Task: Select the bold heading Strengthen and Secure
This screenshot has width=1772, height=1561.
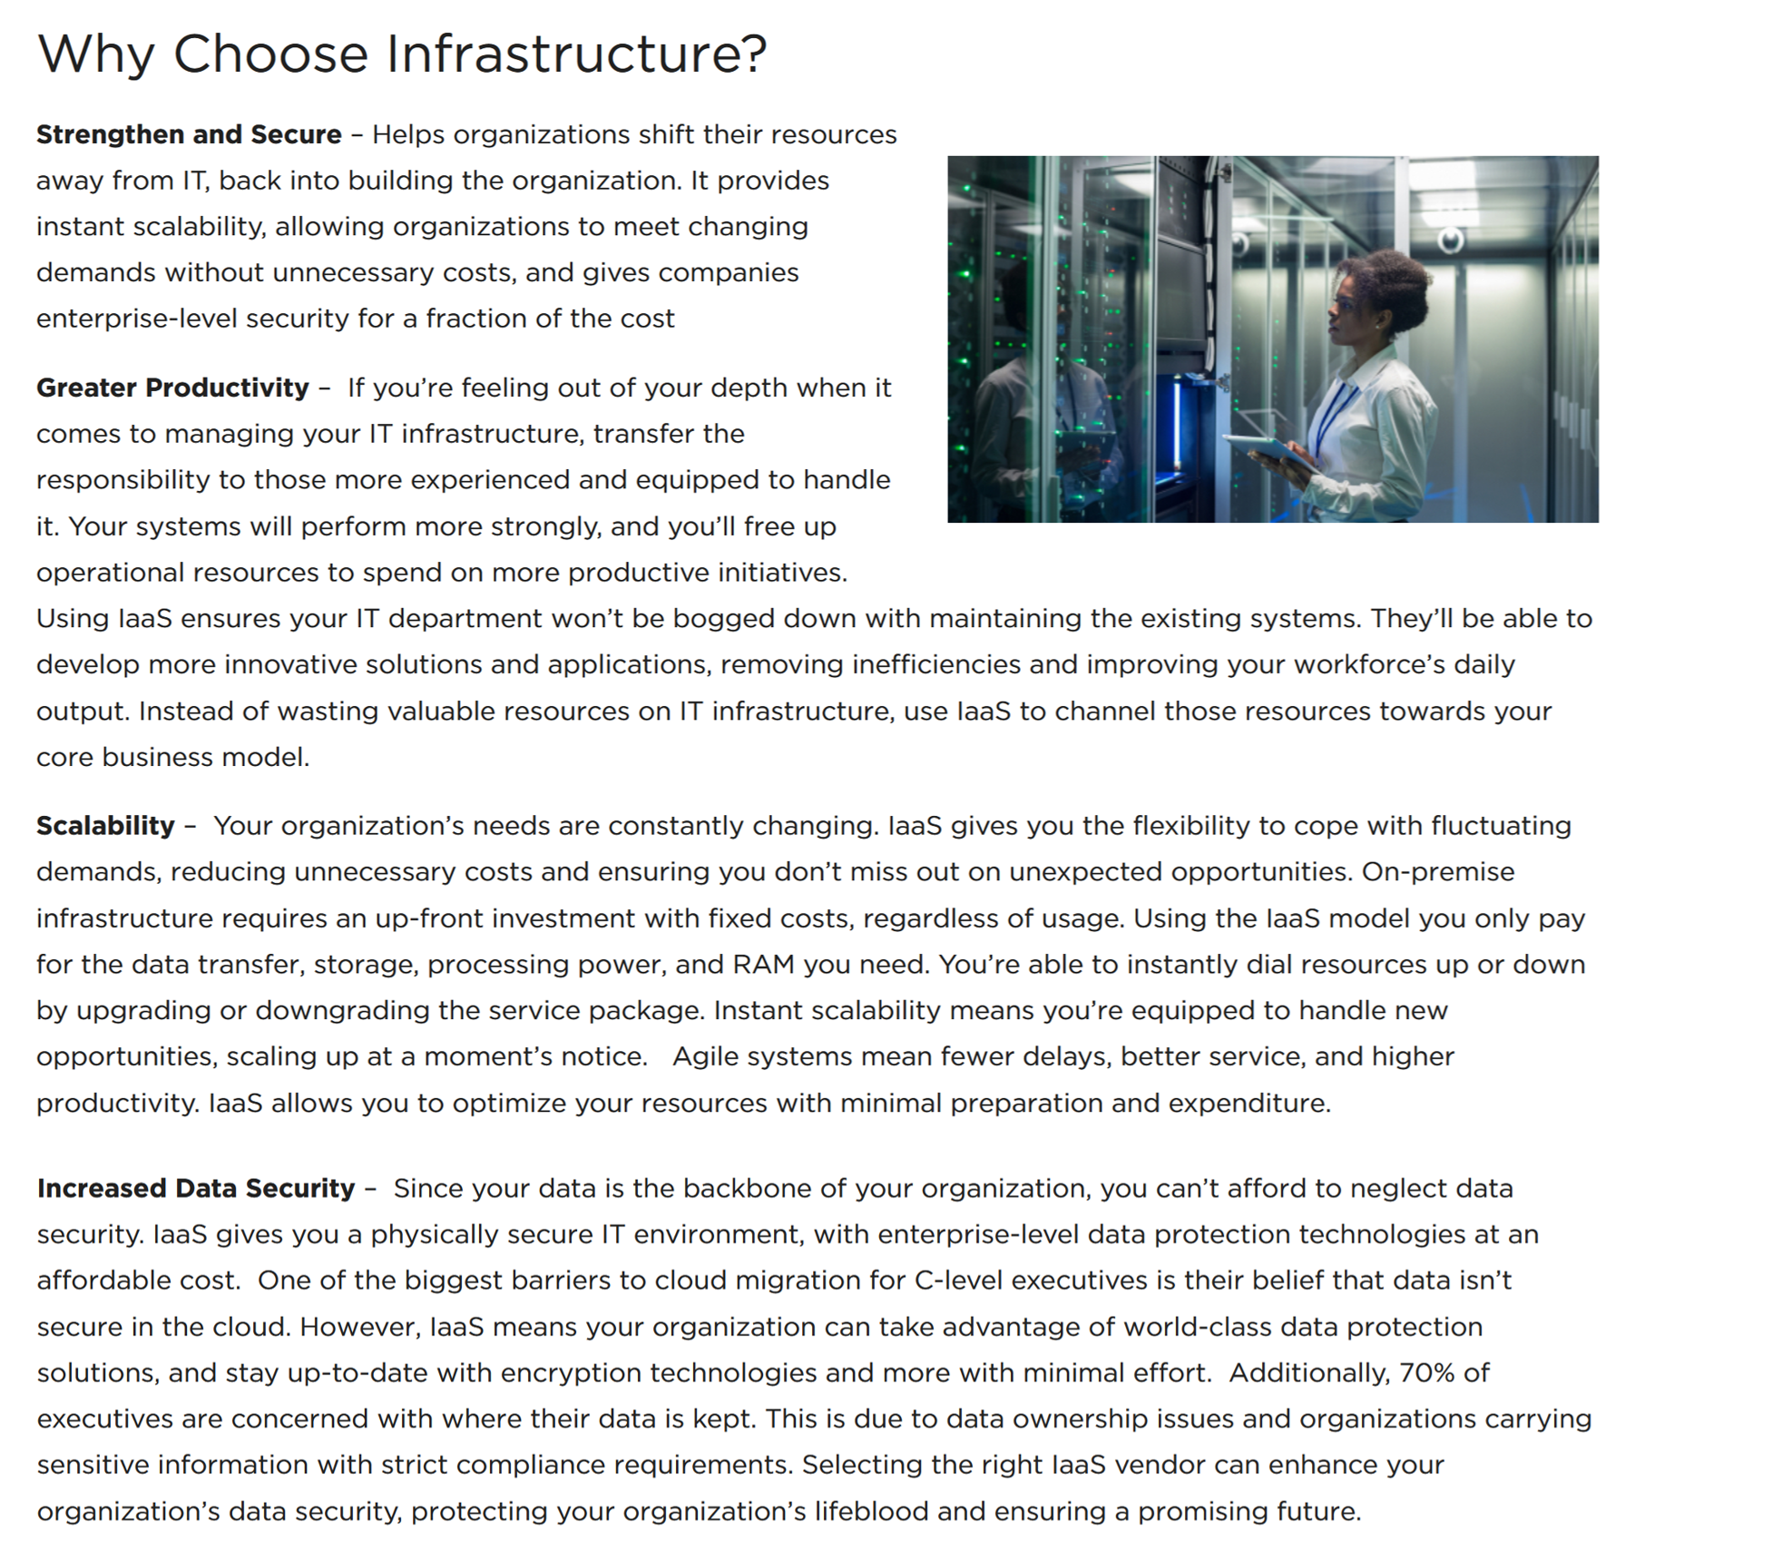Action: tap(189, 134)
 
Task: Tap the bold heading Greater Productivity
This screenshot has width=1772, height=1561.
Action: tap(172, 388)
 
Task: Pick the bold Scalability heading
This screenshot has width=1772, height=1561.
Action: tap(105, 825)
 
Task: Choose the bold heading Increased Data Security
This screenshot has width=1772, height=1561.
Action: tap(196, 1188)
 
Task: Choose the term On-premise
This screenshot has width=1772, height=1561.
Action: tap(1438, 871)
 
